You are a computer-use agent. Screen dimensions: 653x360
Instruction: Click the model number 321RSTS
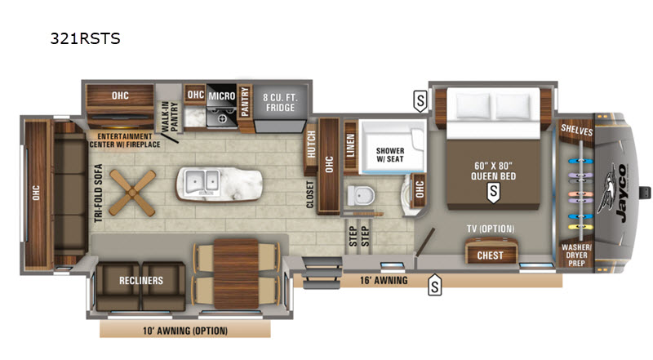pos(85,38)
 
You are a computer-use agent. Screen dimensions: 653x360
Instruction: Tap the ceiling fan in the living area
pos(132,193)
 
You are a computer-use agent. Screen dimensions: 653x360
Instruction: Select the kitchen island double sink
pos(202,182)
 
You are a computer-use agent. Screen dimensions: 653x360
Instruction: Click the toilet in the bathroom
pos(361,195)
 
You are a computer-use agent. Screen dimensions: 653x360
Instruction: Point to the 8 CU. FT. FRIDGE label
pos(280,103)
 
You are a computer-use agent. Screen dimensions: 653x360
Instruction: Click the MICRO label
pos(222,96)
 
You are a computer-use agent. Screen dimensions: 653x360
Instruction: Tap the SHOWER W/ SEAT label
pos(390,154)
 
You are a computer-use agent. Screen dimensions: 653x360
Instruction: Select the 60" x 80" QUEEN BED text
pos(494,171)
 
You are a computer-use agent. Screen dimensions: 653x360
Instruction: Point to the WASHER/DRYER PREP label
pos(576,255)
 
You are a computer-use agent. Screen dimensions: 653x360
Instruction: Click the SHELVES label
pos(577,130)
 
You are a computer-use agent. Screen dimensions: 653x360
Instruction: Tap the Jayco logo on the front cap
pos(614,193)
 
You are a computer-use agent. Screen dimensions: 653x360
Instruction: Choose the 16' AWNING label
pos(384,281)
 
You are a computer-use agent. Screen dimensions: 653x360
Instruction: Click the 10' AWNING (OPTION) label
pos(185,331)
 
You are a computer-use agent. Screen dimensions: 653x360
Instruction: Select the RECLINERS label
pos(141,281)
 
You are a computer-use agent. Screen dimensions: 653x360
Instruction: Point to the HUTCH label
pos(311,144)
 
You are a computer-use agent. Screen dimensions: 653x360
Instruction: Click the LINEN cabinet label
pos(350,145)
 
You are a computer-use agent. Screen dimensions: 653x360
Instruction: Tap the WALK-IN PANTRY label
pos(168,117)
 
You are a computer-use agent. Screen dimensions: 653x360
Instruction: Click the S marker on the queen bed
pos(494,193)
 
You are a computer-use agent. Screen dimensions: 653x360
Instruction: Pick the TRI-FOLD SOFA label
pos(98,193)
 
